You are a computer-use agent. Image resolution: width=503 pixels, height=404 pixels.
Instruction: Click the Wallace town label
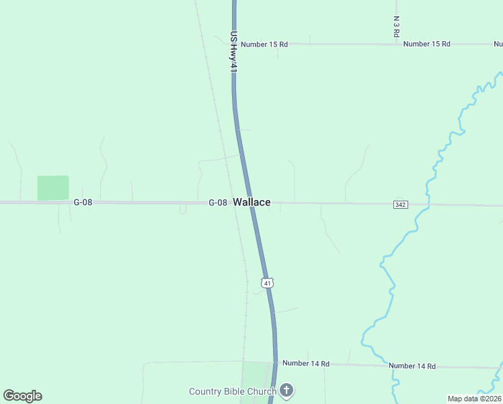252,202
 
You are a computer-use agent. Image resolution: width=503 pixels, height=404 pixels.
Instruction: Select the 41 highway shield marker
268,283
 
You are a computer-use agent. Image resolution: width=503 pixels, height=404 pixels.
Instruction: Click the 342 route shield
399,204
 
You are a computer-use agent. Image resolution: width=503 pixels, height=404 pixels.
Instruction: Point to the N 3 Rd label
397,26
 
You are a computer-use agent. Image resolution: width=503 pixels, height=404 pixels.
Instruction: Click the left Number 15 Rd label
264,44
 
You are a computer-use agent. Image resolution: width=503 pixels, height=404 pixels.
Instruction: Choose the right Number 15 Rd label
426,44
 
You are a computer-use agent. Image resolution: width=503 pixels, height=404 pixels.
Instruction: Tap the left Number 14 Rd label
306,364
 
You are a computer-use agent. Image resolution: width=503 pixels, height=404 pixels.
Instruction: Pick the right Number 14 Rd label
412,366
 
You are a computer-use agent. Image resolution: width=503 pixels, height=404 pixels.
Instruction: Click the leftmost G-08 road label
82,202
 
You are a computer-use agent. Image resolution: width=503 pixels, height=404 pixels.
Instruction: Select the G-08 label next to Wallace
217,203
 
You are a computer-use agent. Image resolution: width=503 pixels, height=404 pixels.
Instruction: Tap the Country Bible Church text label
233,391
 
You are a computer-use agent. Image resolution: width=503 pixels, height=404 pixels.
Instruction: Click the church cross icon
287,390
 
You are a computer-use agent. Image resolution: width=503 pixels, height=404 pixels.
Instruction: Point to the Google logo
23,396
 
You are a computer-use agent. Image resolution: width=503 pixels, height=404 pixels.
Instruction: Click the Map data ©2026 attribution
474,399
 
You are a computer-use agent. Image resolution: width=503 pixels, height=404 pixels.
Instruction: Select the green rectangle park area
53,188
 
